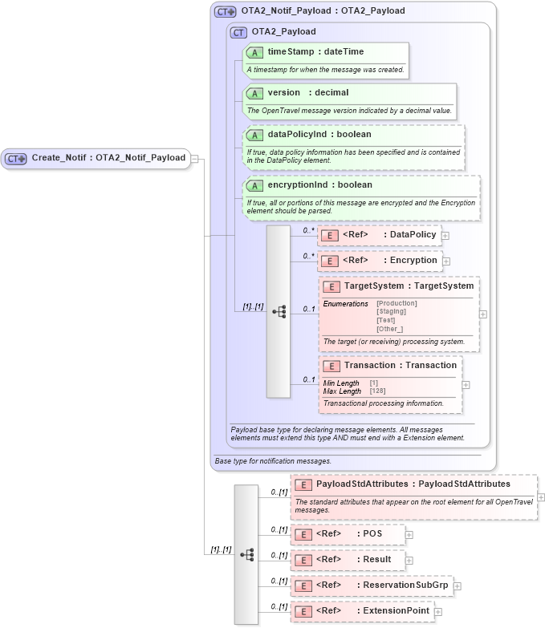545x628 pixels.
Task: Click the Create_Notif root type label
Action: (x=108, y=158)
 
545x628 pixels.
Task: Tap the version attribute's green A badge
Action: (x=255, y=93)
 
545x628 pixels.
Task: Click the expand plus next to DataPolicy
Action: (x=445, y=236)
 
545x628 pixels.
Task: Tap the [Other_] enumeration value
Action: (x=389, y=329)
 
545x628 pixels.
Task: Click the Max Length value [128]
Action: (x=376, y=391)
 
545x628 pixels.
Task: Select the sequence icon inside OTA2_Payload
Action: (x=279, y=311)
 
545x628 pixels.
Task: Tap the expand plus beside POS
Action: (x=409, y=534)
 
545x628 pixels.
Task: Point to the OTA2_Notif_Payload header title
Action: (x=323, y=11)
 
